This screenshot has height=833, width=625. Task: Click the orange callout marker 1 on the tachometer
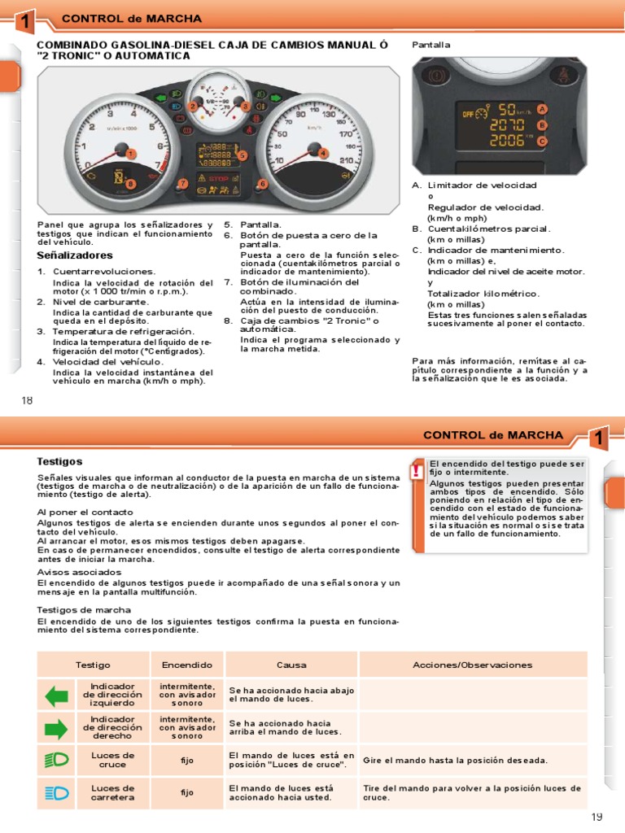pos(131,155)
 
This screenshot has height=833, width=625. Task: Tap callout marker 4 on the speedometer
pos(322,154)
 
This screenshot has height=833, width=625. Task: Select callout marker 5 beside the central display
pos(243,155)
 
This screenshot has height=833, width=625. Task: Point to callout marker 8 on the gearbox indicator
pos(131,184)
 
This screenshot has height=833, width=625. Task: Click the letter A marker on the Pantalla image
pos(541,109)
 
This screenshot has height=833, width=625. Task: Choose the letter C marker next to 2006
pos(541,142)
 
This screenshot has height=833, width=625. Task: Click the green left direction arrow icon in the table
pos(57,696)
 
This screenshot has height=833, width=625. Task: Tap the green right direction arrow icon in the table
pos(56,729)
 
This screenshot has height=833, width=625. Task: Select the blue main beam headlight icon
pos(56,793)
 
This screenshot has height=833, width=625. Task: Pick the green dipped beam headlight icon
pos(56,761)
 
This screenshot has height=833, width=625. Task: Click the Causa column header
pos(291,665)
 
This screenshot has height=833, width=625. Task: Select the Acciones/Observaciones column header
pos(473,665)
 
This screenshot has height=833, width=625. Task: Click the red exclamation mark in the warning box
pos(417,471)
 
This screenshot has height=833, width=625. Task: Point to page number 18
pos(27,400)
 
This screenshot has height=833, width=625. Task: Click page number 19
pos(597,817)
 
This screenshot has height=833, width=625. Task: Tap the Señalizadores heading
pos(75,255)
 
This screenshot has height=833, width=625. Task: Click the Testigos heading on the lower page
pos(59,462)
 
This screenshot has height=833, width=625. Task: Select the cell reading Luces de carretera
pos(112,792)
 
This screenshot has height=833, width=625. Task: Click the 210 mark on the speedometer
pos(346,160)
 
